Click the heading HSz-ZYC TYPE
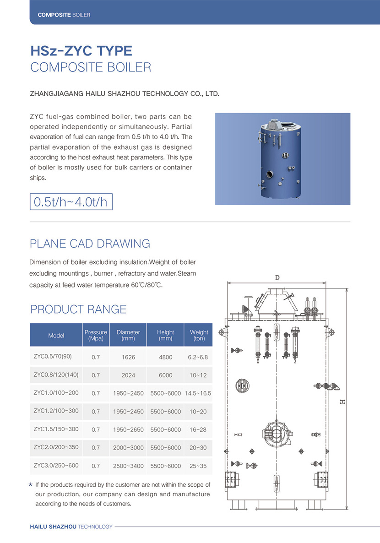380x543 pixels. tap(81, 50)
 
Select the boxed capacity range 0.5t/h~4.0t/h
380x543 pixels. tap(71, 202)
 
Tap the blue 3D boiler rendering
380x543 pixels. tap(282, 159)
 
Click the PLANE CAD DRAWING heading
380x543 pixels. tap(90, 244)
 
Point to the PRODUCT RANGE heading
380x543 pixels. tap(78, 310)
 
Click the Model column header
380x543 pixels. tap(56, 336)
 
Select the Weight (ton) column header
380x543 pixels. tap(199, 335)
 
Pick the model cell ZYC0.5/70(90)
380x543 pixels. tap(53, 356)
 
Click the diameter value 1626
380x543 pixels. tap(128, 357)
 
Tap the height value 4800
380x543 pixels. tap(165, 357)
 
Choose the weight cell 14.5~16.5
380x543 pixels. tap(198, 393)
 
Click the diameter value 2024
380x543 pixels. tap(128, 375)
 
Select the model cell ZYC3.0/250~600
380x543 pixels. tap(56, 466)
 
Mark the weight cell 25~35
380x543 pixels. tap(198, 466)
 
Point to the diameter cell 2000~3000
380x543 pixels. tap(128, 448)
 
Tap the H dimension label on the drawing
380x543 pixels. tap(342, 402)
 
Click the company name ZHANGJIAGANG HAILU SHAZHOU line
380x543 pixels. tap(125, 94)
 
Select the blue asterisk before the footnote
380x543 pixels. tap(31, 484)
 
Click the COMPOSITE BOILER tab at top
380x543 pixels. tap(64, 15)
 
